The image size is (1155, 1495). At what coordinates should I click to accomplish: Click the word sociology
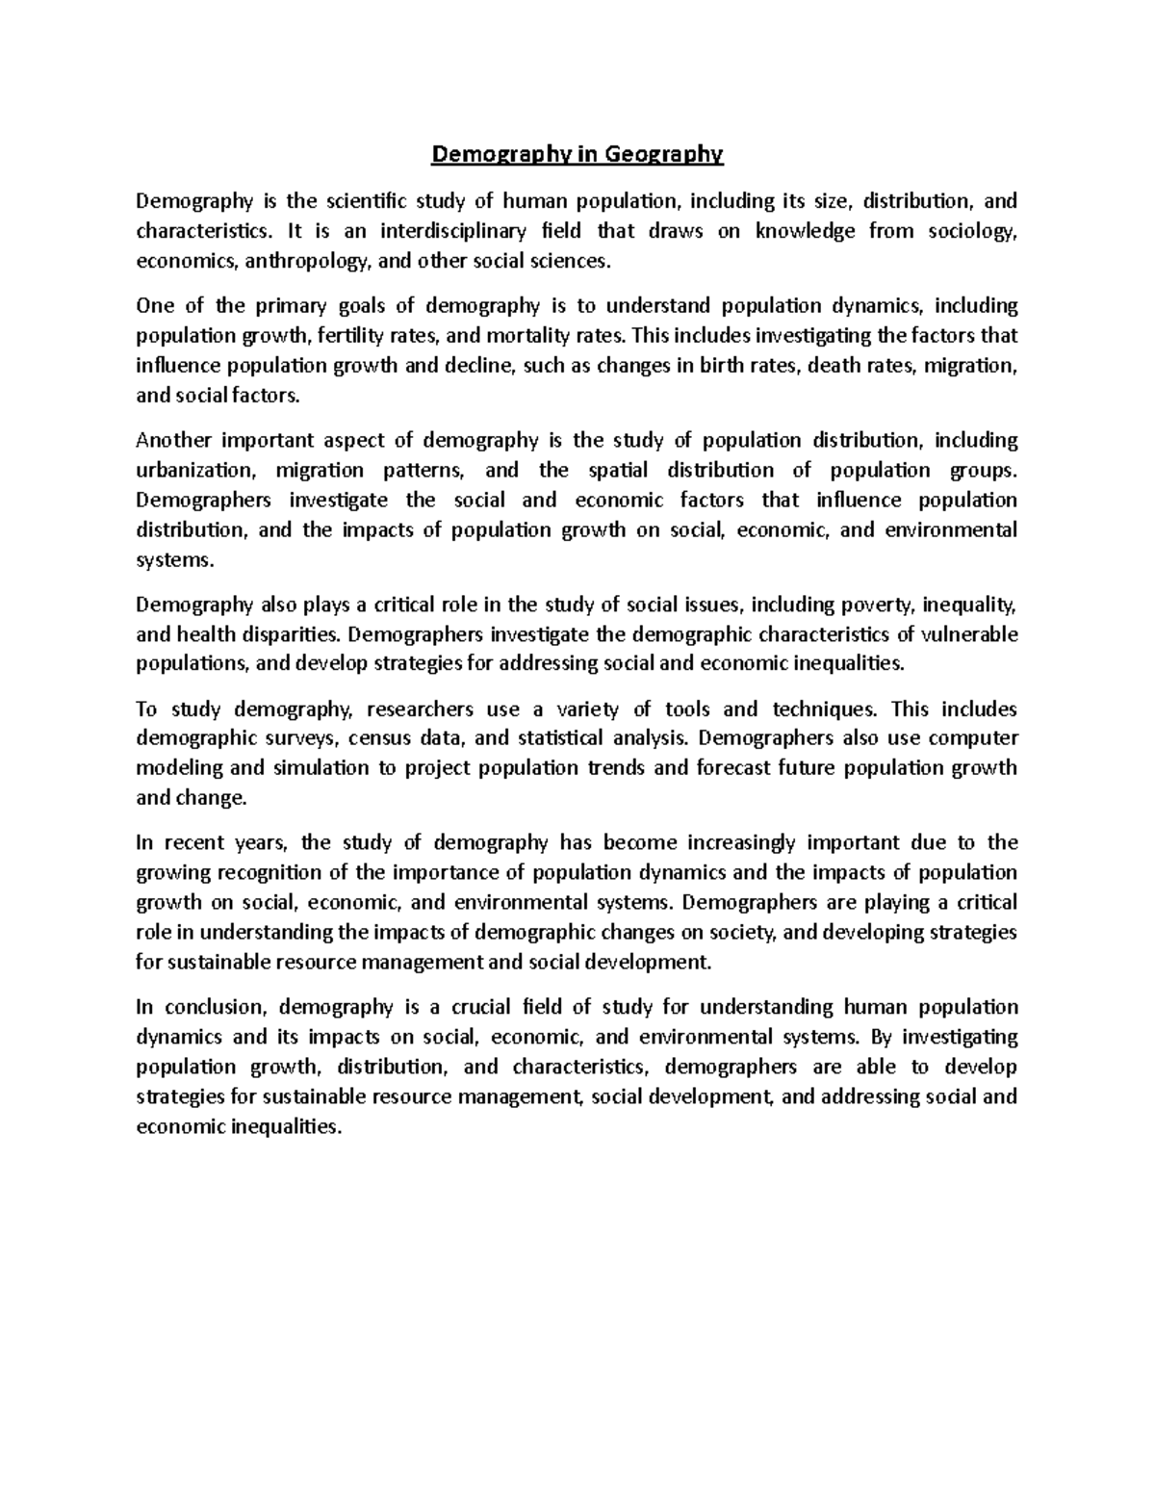pos(976,231)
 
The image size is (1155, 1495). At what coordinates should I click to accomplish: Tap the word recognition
pos(270,873)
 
